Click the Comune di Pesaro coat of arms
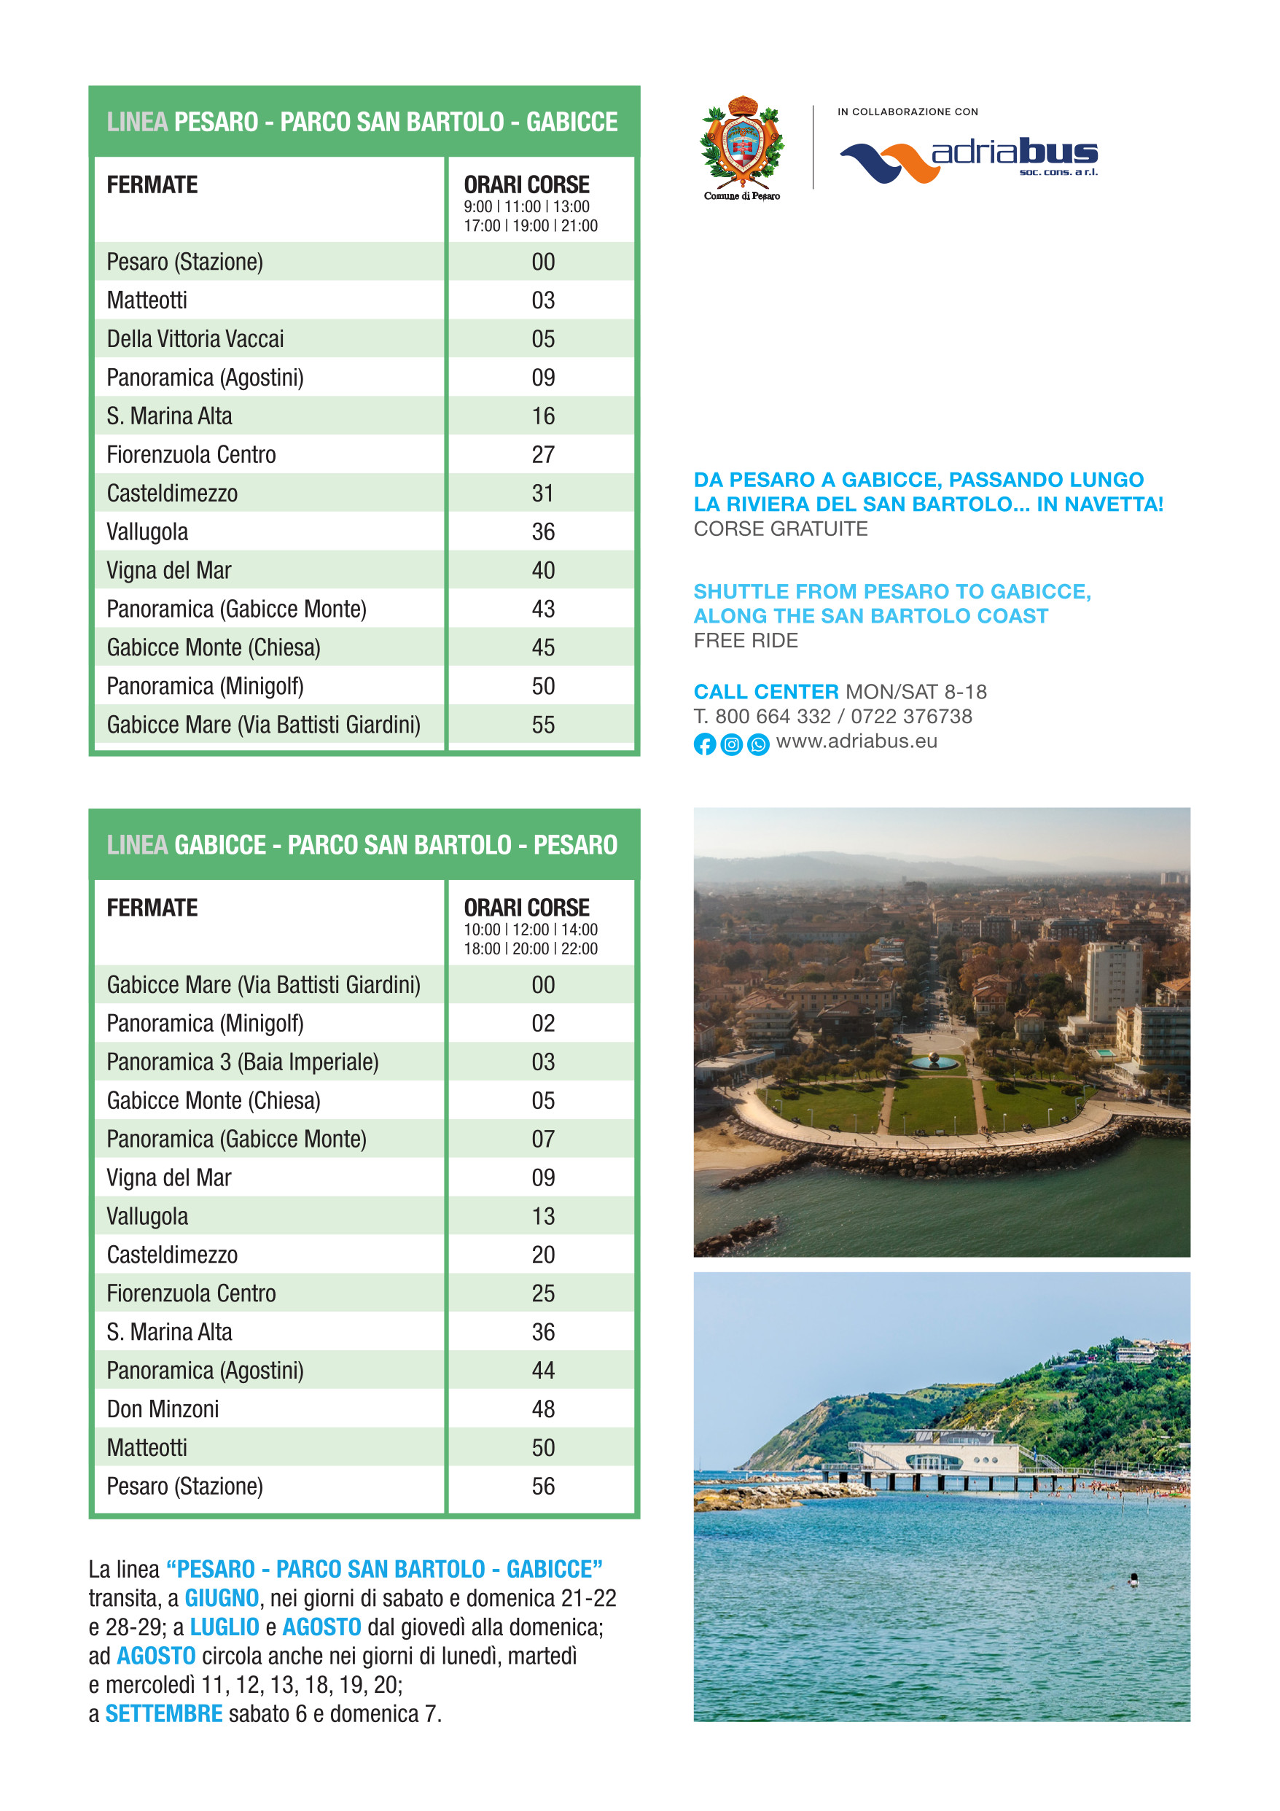point(741,143)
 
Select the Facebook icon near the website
point(704,744)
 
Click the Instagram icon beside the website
point(731,744)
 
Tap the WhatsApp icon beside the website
point(758,744)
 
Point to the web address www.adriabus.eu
point(856,741)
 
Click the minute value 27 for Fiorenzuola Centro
point(542,454)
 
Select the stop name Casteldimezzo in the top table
point(172,493)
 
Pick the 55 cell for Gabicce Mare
point(542,724)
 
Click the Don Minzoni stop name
point(163,1409)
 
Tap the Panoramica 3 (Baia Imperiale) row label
point(242,1062)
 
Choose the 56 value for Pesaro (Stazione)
point(542,1486)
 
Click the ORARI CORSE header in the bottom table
point(526,907)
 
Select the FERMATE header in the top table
point(152,184)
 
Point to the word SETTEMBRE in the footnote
point(164,1713)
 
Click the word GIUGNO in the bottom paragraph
point(222,1598)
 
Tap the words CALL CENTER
point(766,692)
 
